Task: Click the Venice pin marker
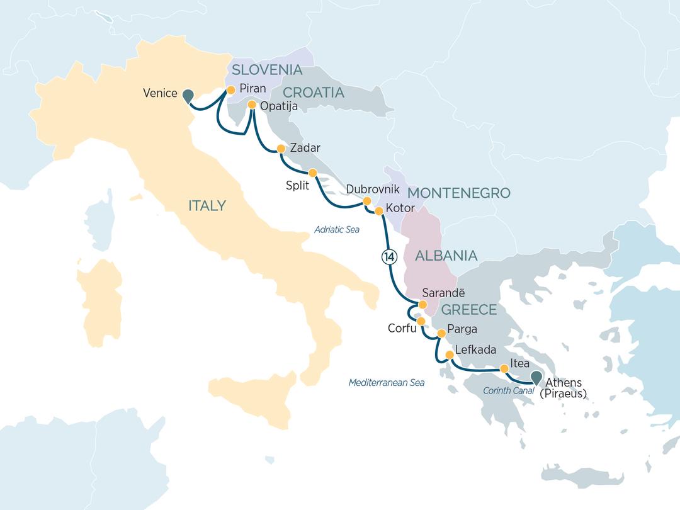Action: (x=188, y=96)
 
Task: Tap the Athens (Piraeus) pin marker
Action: (x=536, y=377)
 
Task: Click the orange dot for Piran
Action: (x=230, y=89)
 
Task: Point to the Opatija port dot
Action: (x=251, y=105)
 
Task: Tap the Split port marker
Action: (x=312, y=172)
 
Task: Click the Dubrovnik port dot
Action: (x=366, y=201)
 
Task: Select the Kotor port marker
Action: (x=379, y=211)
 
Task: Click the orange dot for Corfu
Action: (x=421, y=321)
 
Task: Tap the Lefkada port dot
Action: (x=449, y=355)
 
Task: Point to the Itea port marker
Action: (x=504, y=369)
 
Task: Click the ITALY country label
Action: (x=207, y=205)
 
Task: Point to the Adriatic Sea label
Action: (x=337, y=230)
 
